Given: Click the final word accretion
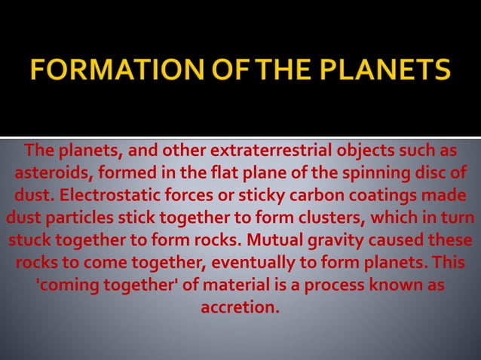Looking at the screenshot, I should (x=240, y=308).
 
